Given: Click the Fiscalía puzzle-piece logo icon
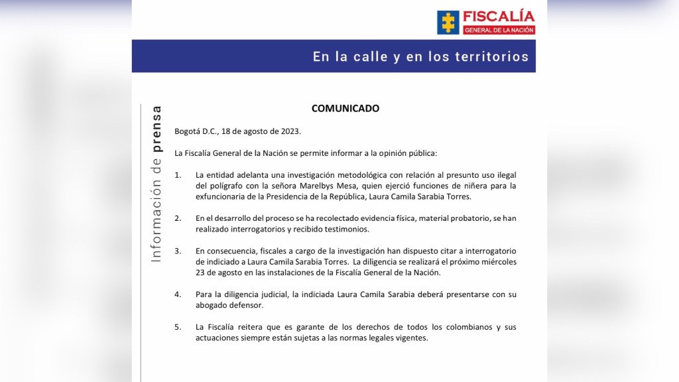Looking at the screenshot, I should click(x=448, y=22).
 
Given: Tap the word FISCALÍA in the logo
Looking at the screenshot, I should click(x=499, y=16).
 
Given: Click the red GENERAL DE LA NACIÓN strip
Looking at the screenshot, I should click(x=499, y=31).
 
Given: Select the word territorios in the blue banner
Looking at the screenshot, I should click(x=491, y=57).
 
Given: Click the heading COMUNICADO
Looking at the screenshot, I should click(x=345, y=108).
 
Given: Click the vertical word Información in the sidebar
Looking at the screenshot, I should click(x=156, y=214).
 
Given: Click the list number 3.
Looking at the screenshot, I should click(x=177, y=251).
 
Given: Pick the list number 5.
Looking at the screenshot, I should click(x=177, y=328).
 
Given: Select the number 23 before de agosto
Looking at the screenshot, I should click(x=201, y=273).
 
